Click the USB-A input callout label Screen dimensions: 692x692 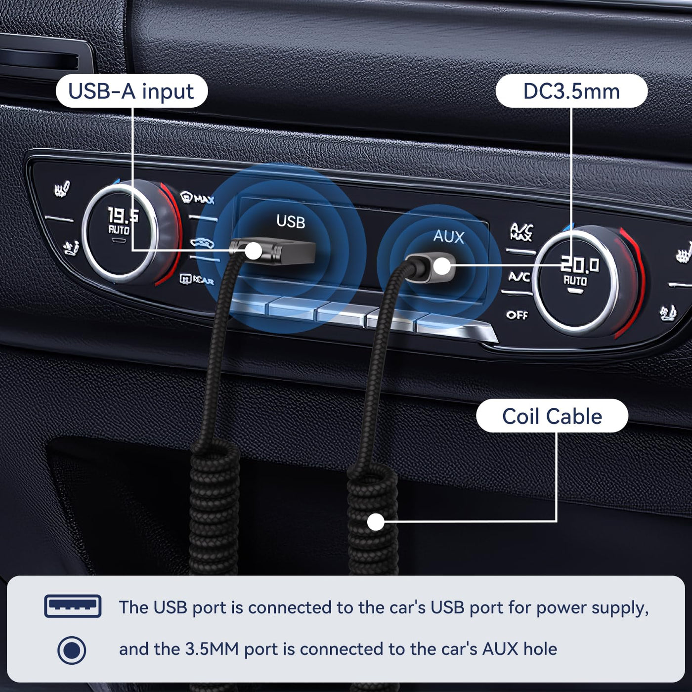point(131,91)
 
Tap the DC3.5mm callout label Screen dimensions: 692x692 point(571,91)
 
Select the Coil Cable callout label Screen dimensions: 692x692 point(552,416)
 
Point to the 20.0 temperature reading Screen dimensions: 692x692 point(580,265)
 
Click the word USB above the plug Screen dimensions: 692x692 point(291,221)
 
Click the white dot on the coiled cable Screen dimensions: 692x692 point(376,521)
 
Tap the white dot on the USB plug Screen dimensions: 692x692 point(254,250)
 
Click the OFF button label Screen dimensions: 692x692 point(517,315)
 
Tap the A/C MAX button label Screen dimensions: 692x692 point(521,232)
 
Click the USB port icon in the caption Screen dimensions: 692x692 point(73,606)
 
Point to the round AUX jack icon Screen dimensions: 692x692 point(72,650)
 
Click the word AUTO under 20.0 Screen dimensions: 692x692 point(575,280)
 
